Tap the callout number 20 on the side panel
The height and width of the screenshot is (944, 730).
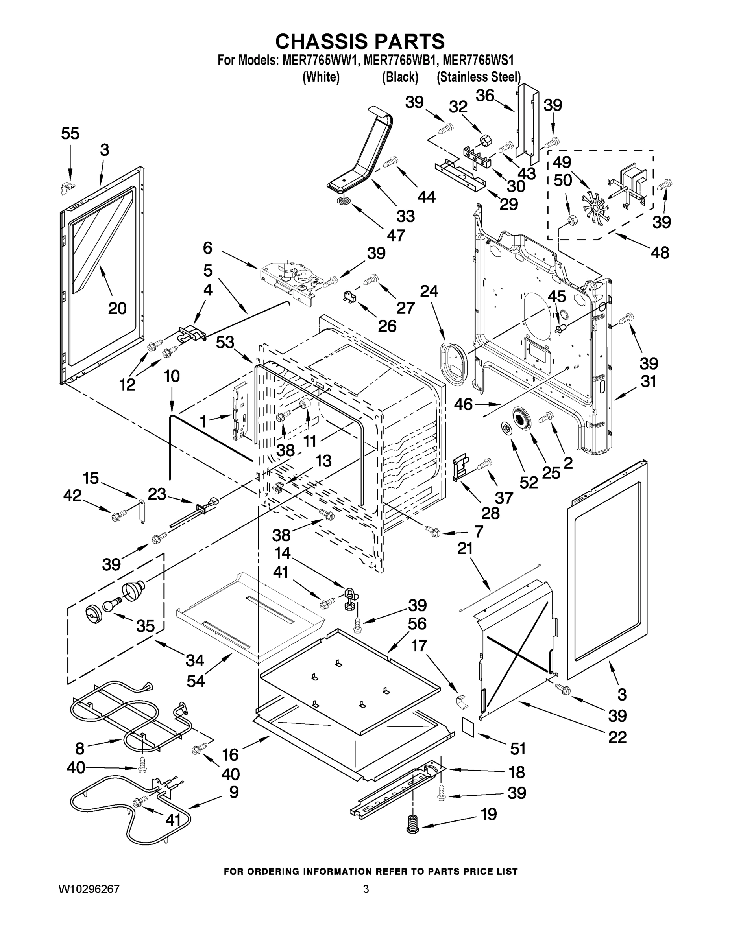pyautogui.click(x=117, y=308)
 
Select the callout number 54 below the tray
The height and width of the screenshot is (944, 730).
pyautogui.click(x=196, y=681)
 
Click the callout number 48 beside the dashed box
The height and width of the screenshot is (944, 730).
pyautogui.click(x=660, y=253)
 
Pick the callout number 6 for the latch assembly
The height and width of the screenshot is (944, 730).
pyautogui.click(x=207, y=248)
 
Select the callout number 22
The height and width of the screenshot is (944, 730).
pyautogui.click(x=617, y=737)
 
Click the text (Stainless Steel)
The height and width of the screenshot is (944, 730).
pyautogui.click(x=478, y=77)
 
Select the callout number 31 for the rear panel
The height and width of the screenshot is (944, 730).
pyautogui.click(x=648, y=382)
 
